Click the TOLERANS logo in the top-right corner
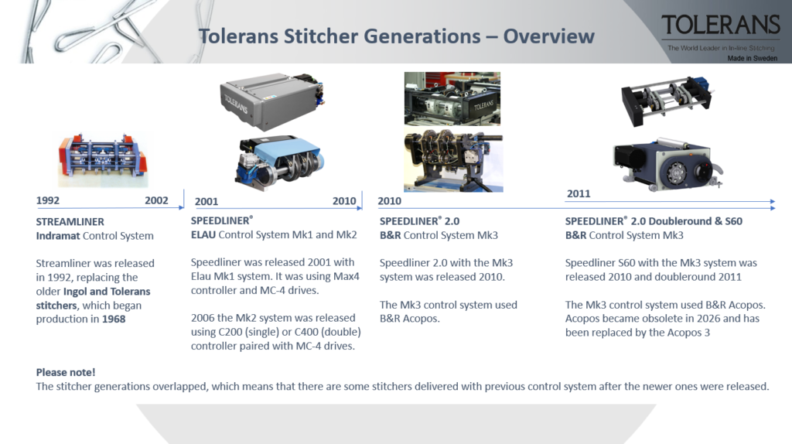click(720, 25)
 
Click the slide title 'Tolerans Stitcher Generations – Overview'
click(396, 36)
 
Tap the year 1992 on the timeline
click(48, 200)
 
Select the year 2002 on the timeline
click(156, 200)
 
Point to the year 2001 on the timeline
click(207, 201)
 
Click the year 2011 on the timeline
click(578, 193)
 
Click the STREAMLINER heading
click(70, 221)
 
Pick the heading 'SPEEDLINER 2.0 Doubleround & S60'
click(653, 221)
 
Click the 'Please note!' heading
click(66, 372)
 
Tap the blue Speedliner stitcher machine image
click(281, 161)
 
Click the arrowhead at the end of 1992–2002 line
click(182, 207)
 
